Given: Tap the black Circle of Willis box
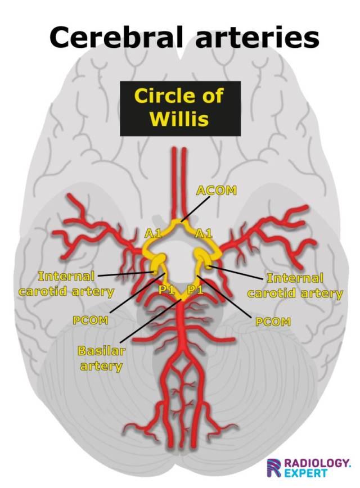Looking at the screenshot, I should pos(179,109).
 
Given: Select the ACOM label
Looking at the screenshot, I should pos(215,191).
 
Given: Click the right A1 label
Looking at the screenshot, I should pos(203,233).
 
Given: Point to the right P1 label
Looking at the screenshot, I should pos(195,290).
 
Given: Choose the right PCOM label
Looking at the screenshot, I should pos(273,322).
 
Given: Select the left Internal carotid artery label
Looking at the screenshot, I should pos(66,284).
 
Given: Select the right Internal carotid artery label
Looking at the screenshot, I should pos(295,286).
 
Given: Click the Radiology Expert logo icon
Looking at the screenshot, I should pos(274,467).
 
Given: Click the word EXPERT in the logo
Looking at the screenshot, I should pos(305,473).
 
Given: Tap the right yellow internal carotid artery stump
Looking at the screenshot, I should pos(202,260).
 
